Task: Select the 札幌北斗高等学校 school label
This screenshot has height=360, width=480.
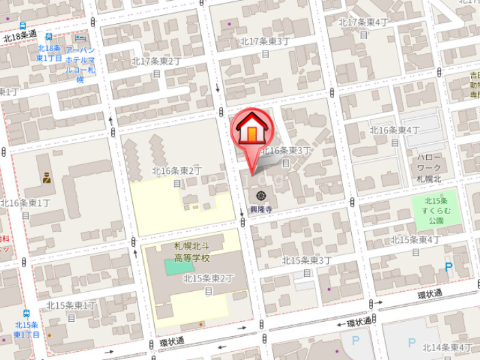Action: point(192,252)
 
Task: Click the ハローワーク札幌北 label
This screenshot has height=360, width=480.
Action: point(429,168)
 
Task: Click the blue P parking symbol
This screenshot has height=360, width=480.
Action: point(449,268)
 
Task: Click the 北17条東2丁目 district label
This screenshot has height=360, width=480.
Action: point(156,66)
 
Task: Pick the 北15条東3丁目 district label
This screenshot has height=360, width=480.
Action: point(307,266)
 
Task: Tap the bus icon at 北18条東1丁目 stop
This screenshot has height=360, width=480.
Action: point(48,36)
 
